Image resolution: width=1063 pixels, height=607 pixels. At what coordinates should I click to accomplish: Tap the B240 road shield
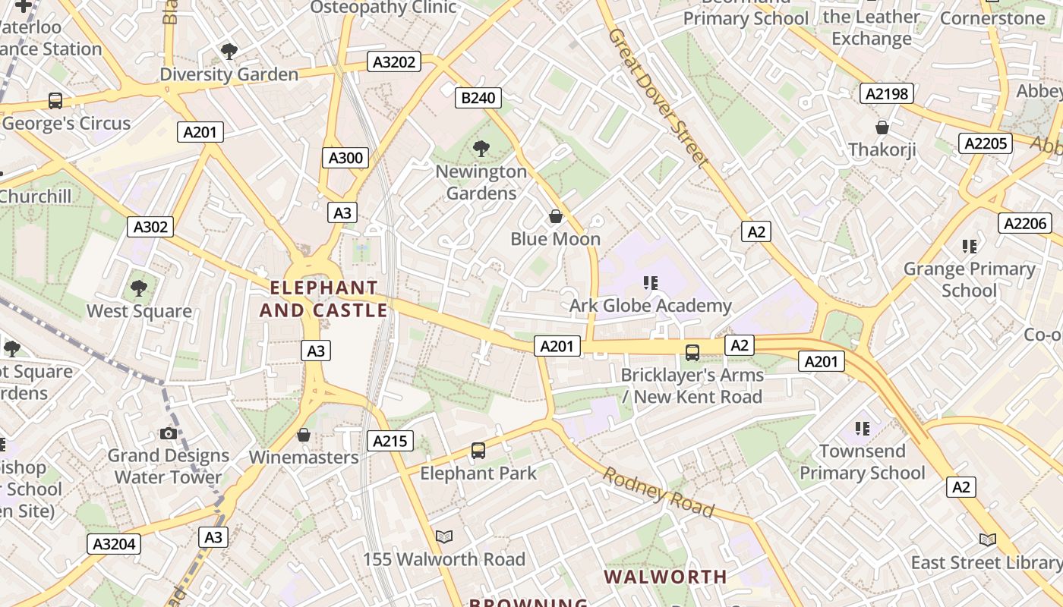point(478,97)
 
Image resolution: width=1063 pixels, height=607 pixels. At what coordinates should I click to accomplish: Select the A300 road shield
point(346,158)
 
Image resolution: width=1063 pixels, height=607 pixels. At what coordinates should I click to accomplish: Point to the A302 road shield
point(152,226)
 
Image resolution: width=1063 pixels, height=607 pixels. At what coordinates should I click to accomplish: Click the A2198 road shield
point(886,94)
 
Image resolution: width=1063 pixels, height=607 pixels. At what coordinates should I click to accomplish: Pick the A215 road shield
point(390,441)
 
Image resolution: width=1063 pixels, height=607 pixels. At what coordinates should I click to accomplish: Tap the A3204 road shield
point(115,543)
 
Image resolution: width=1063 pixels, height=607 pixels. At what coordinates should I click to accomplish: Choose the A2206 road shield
point(1025,223)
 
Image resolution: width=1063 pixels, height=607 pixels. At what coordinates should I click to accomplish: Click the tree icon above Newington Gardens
point(481,148)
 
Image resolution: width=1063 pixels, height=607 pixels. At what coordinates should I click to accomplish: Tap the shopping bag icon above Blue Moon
point(556,216)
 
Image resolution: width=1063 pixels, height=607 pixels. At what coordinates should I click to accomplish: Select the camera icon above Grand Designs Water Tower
point(169,433)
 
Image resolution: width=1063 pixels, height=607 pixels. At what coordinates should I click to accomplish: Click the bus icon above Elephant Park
point(478,451)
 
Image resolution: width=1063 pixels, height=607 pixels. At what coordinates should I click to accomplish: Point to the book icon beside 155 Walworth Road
point(444,537)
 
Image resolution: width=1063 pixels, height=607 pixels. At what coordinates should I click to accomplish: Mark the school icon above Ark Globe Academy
point(650,283)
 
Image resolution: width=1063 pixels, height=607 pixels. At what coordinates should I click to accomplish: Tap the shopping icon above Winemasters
point(304,435)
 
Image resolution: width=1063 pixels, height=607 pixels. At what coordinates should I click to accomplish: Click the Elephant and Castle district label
point(324,299)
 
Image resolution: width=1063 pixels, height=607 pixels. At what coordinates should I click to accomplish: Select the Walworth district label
point(665,577)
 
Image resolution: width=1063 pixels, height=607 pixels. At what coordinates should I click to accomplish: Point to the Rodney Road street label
point(658,492)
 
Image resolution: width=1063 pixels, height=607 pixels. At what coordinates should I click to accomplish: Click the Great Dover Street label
point(658,96)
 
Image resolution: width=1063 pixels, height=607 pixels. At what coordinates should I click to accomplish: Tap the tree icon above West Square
point(138,288)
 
